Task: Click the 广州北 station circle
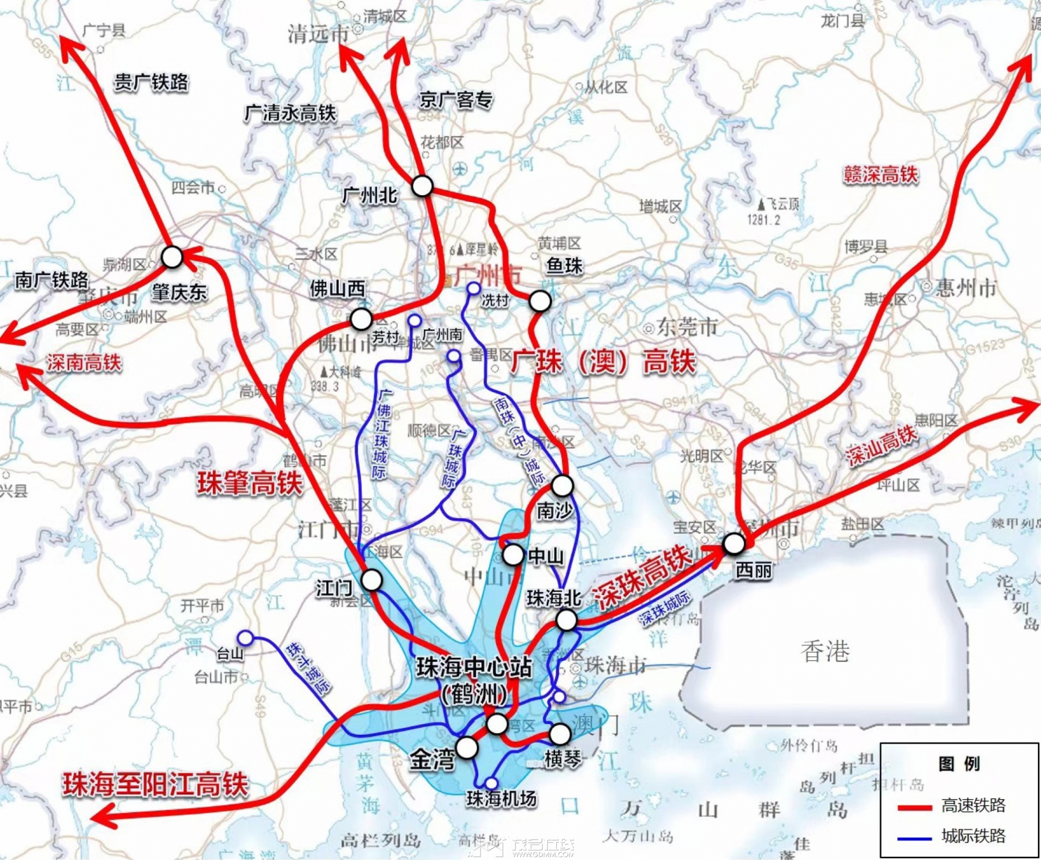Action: pos(422,186)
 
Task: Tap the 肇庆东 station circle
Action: pos(173,257)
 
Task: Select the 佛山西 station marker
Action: pos(361,319)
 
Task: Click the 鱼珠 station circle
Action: pos(540,301)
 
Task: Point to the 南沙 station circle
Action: pos(563,485)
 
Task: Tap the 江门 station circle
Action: pos(372,580)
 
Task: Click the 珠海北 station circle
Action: pos(566,620)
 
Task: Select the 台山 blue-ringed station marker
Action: pos(245,638)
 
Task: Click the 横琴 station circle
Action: pos(560,733)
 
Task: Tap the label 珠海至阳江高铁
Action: pos(155,784)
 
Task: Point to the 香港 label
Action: pos(825,651)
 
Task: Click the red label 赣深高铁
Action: pos(880,175)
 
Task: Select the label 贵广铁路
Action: pos(151,82)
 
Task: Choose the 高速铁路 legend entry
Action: pos(973,805)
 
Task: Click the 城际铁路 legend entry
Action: pos(973,835)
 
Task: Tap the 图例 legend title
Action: pos(959,764)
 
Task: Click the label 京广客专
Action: pos(456,100)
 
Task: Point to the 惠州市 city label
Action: pos(965,288)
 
